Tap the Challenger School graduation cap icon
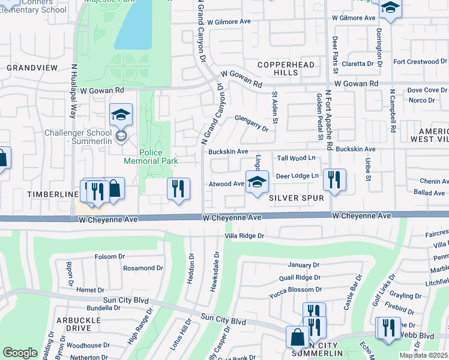pyautogui.click(x=121, y=114)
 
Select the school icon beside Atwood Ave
pyautogui.click(x=256, y=182)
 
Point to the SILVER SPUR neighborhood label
pyautogui.click(x=297, y=197)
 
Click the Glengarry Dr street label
pyautogui.click(x=252, y=123)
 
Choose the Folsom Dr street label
pyautogui.click(x=110, y=257)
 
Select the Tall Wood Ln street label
pyautogui.click(x=297, y=158)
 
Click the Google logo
pyautogui.click(x=20, y=353)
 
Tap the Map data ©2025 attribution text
pyautogui.click(x=423, y=355)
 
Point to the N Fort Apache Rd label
pyautogui.click(x=328, y=120)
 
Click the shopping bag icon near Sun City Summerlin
pyautogui.click(x=298, y=337)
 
